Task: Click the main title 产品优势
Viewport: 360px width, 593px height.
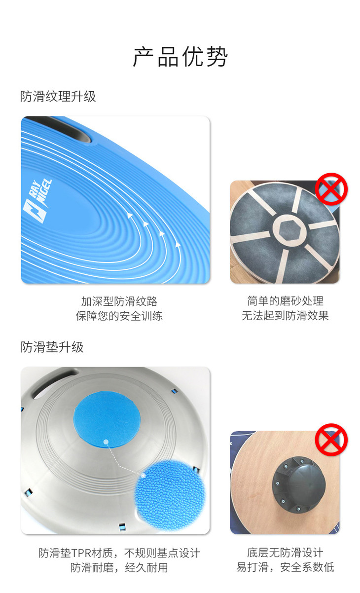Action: [x=180, y=56]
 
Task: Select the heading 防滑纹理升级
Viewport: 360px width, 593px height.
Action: [x=58, y=96]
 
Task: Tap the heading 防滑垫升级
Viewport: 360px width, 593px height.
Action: [x=52, y=347]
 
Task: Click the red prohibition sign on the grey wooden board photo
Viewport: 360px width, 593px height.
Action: [x=331, y=189]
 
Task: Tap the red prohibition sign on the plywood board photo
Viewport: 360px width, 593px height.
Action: [x=331, y=440]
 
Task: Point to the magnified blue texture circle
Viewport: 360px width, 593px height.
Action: [x=170, y=495]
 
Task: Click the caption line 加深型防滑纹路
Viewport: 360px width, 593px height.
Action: [x=119, y=301]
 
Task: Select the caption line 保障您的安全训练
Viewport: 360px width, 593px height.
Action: [x=119, y=316]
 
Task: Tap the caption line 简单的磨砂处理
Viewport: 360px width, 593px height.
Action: [x=285, y=301]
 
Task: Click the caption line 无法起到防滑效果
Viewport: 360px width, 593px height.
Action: [x=285, y=315]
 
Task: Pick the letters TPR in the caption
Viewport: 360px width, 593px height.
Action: [x=81, y=553]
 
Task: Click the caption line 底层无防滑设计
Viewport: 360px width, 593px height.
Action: [x=285, y=553]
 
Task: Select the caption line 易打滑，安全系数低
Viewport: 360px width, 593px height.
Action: [x=285, y=567]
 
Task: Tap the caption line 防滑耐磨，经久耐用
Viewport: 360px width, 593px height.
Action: [x=119, y=567]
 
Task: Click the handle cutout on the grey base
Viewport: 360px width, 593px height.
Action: [x=54, y=382]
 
